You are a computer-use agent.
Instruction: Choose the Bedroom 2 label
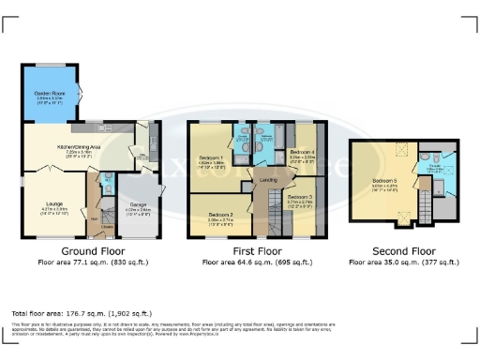tap(220, 216)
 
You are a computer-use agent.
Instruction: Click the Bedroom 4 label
tap(302, 151)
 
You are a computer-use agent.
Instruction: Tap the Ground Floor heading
tap(95, 252)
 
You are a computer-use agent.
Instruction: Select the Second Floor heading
tap(405, 252)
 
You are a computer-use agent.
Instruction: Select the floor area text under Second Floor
tap(405, 263)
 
